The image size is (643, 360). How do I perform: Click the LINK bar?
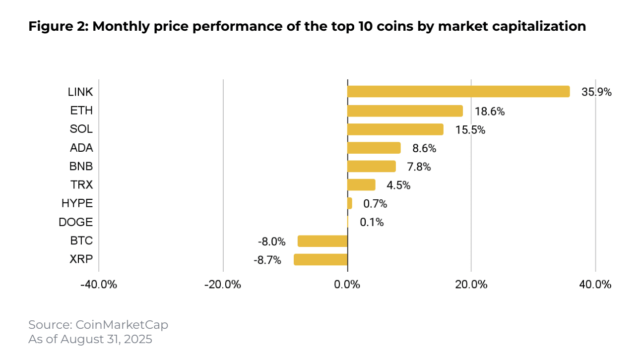coord(458,92)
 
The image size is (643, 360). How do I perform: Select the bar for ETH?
coord(405,111)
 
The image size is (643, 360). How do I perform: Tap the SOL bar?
coord(395,129)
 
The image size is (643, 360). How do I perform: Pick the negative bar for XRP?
coord(321,260)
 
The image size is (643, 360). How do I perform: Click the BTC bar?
coord(322,241)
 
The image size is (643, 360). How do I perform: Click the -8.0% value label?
coord(271,242)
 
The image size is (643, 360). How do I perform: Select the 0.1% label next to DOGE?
coord(372,223)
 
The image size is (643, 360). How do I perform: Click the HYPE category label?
coord(77,203)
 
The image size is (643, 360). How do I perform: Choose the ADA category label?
coord(81,148)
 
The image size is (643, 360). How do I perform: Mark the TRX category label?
coord(81,185)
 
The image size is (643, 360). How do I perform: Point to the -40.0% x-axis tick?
coord(99,285)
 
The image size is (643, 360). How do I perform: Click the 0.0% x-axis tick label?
coord(347,285)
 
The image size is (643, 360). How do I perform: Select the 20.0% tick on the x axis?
coord(471,285)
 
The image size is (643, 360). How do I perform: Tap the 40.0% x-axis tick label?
coord(595,285)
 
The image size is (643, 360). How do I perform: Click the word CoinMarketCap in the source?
coord(122,325)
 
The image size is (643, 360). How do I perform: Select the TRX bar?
coord(361,185)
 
